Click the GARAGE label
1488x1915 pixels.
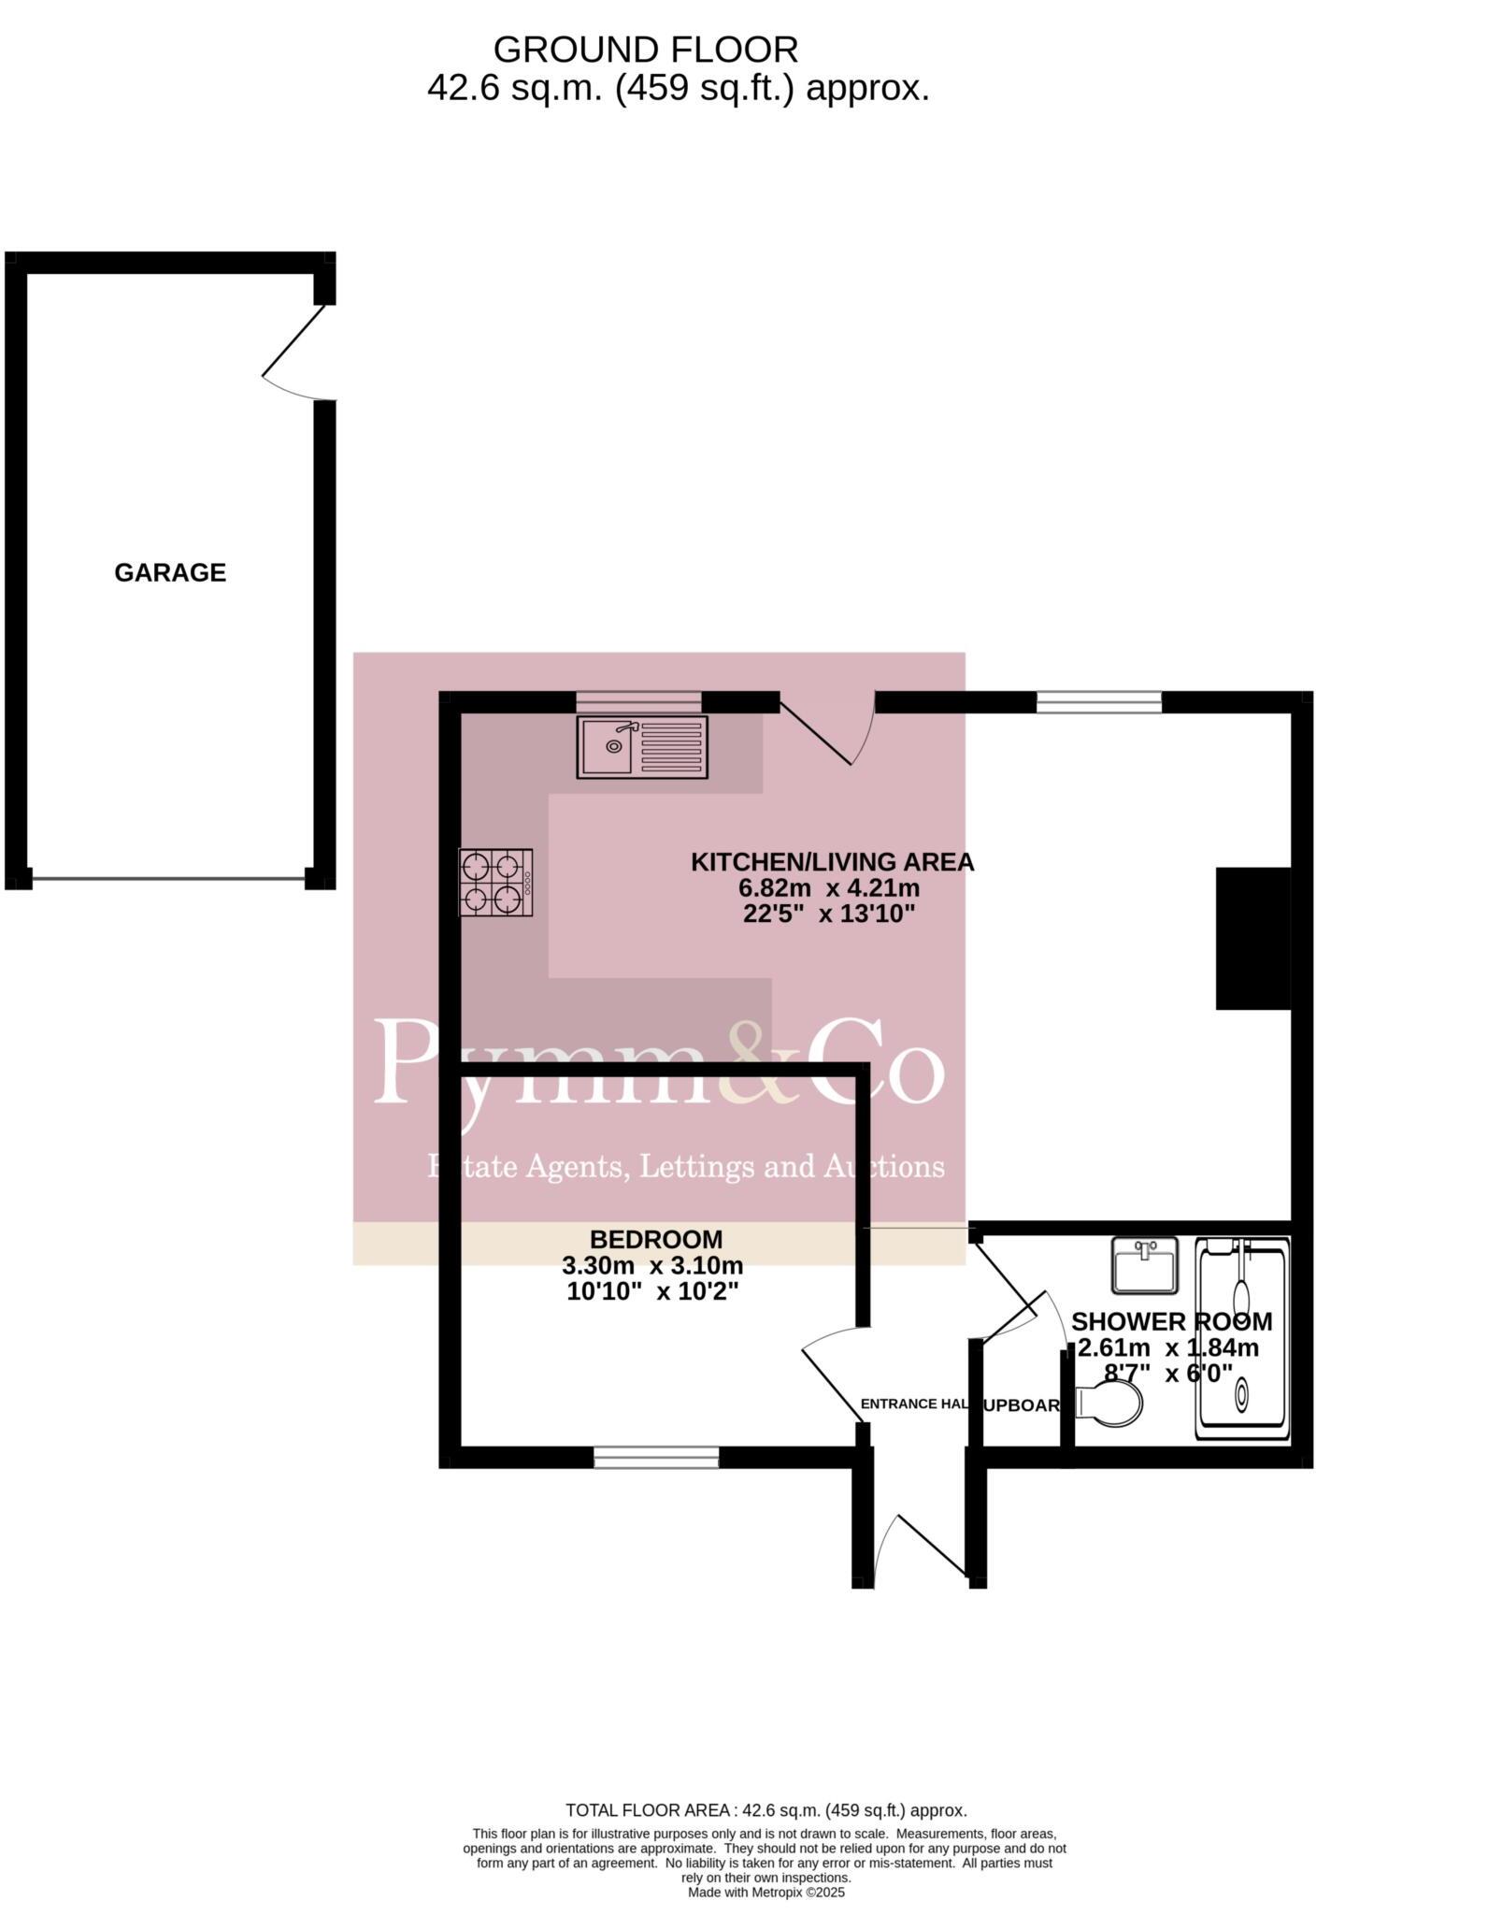[170, 572]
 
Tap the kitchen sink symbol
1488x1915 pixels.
[642, 746]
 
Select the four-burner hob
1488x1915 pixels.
[495, 882]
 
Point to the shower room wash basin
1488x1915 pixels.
[1145, 1266]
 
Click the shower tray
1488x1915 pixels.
[1243, 1339]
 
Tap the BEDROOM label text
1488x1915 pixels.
[656, 1240]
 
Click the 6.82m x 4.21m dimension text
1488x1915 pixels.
[829, 887]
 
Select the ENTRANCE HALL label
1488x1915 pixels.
[914, 1404]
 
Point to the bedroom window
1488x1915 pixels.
[656, 1457]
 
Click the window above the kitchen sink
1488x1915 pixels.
[638, 701]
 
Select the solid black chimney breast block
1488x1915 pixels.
[1252, 938]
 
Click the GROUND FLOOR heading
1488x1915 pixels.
[646, 49]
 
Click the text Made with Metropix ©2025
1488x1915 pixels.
[765, 1892]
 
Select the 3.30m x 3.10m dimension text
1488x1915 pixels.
[652, 1266]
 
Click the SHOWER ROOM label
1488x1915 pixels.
[1171, 1322]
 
